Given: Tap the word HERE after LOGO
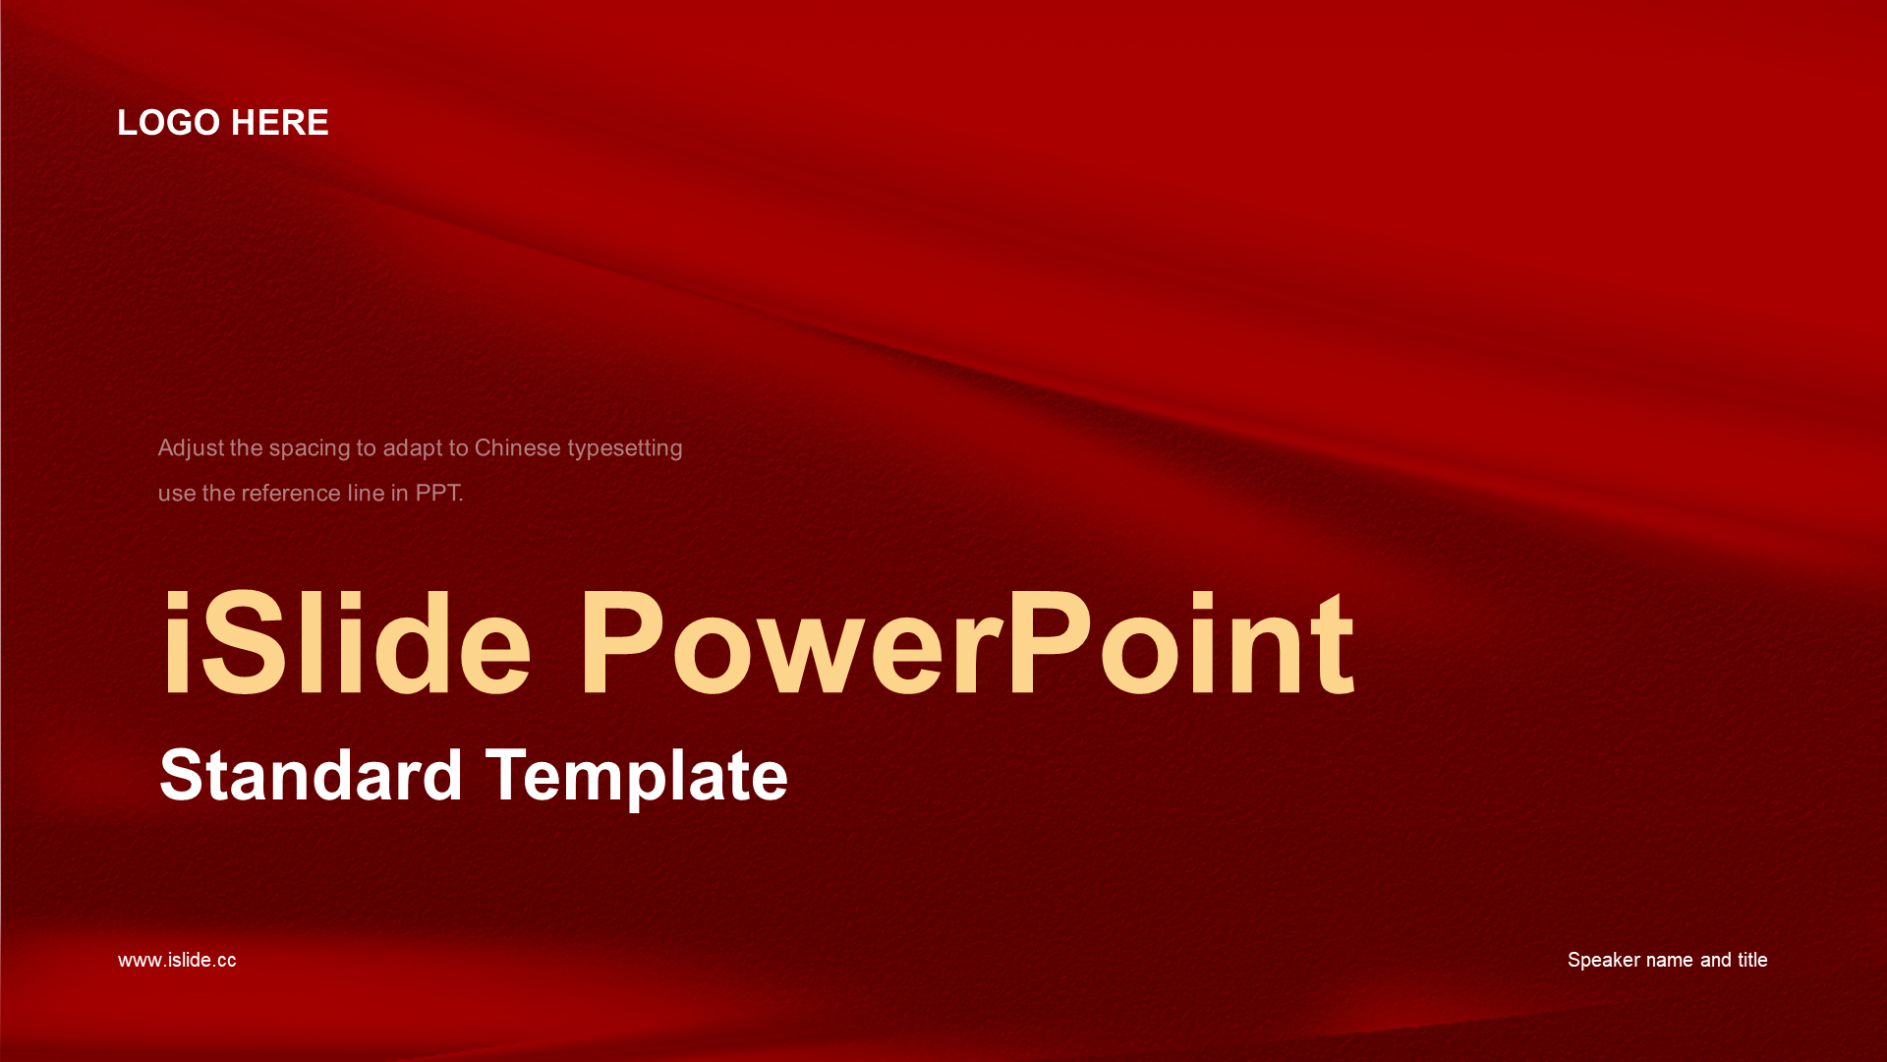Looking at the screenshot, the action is [280, 123].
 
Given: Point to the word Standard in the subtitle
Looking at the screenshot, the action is [311, 775].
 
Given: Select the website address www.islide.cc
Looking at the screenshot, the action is [177, 960].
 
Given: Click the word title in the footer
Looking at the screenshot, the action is [1752, 960].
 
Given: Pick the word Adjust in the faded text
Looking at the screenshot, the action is [191, 448].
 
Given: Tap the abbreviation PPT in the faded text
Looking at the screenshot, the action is [437, 493].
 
